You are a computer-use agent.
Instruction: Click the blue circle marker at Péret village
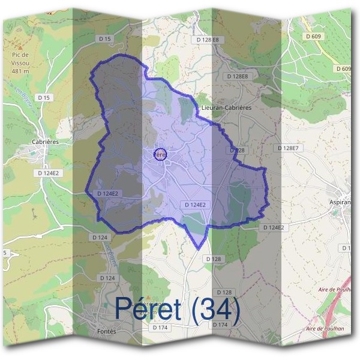pyautogui.click(x=160, y=154)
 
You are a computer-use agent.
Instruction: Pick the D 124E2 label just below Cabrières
pyautogui.click(x=48, y=173)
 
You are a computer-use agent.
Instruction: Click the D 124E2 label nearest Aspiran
pyautogui.click(x=273, y=227)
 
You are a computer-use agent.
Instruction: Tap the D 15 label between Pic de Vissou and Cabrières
pyautogui.click(x=43, y=97)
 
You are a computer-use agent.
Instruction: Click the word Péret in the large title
pyautogui.click(x=152, y=308)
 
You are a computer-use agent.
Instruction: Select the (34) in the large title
pyautogui.click(x=217, y=308)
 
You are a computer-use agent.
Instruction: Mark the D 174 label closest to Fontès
pyautogui.click(x=160, y=328)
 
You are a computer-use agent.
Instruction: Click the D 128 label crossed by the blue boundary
pyautogui.click(x=238, y=150)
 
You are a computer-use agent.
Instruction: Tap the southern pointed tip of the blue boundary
pyautogui.click(x=198, y=248)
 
